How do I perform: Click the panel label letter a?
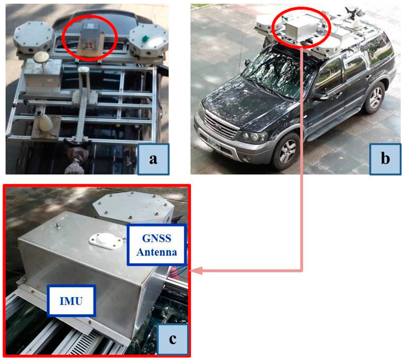(153, 159)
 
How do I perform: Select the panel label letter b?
(385, 159)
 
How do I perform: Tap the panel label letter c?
(172, 339)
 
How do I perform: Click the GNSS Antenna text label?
(157, 245)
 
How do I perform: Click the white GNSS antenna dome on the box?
(105, 240)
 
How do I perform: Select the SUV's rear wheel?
(374, 97)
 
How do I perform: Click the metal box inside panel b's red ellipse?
(300, 28)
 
